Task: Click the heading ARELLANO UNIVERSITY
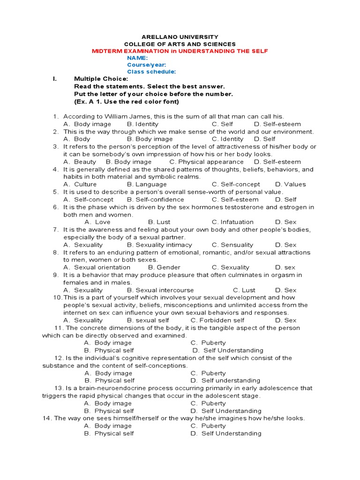pyautogui.click(x=180, y=37)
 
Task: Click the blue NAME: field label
pyautogui.click(x=137, y=58)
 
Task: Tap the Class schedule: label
pyautogui.click(x=151, y=72)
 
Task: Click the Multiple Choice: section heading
pyautogui.click(x=101, y=79)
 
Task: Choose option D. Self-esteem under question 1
pyautogui.click(x=277, y=124)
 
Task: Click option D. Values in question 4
pyautogui.click(x=290, y=184)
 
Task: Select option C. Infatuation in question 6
pyautogui.click(x=232, y=222)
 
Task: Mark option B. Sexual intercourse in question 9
pyautogui.click(x=160, y=290)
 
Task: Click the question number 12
pyautogui.click(x=59, y=358)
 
